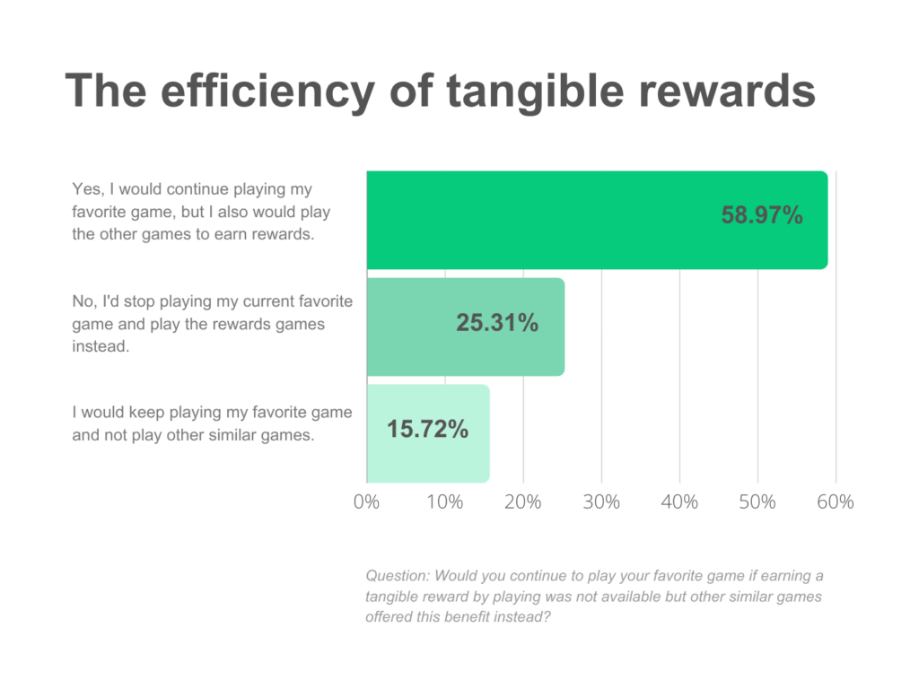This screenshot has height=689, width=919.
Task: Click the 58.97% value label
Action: click(x=762, y=215)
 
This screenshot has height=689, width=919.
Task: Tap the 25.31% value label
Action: click(x=497, y=323)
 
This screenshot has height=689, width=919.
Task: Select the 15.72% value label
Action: click(x=427, y=429)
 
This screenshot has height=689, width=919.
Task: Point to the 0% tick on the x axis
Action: click(x=366, y=501)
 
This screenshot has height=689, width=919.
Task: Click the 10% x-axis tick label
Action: click(x=444, y=501)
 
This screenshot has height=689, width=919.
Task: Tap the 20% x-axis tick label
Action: click(x=522, y=501)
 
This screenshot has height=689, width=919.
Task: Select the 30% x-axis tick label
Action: click(x=601, y=501)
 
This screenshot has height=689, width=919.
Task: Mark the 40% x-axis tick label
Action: click(x=679, y=501)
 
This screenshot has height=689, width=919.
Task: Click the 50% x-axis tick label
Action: click(x=757, y=501)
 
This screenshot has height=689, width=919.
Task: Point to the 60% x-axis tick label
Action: click(x=836, y=501)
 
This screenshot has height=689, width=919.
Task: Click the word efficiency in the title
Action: click(x=263, y=92)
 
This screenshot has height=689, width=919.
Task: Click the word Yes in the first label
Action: click(x=85, y=190)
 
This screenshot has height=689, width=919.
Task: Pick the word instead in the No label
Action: click(x=101, y=345)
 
